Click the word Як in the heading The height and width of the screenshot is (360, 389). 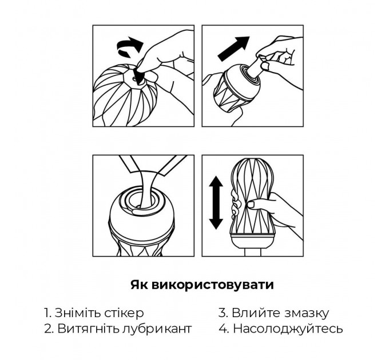pos(138,285)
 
